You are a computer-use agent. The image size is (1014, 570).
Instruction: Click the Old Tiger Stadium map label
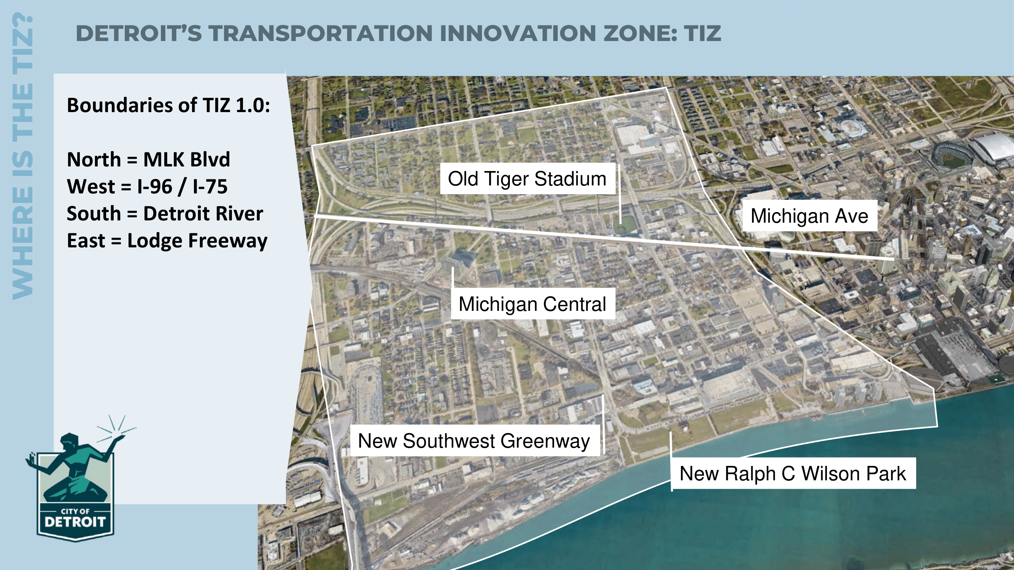(x=527, y=179)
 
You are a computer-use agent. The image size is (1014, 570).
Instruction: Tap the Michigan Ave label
(x=809, y=215)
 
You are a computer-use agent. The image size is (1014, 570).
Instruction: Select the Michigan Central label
(x=532, y=304)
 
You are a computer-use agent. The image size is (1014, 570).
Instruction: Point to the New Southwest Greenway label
(x=474, y=440)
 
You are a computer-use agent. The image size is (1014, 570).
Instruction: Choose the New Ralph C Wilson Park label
(x=793, y=473)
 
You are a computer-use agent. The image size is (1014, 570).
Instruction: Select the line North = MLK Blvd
(x=148, y=159)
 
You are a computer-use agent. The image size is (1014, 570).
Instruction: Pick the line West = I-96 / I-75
(x=147, y=187)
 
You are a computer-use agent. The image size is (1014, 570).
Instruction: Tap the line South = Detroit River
(x=165, y=214)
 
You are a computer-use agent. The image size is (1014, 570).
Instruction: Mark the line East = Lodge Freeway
(x=167, y=241)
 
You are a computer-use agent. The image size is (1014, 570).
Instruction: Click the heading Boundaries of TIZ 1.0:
(x=168, y=105)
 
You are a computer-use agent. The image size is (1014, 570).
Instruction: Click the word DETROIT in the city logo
(x=75, y=522)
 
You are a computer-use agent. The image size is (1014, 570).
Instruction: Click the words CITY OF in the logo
(x=75, y=511)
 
